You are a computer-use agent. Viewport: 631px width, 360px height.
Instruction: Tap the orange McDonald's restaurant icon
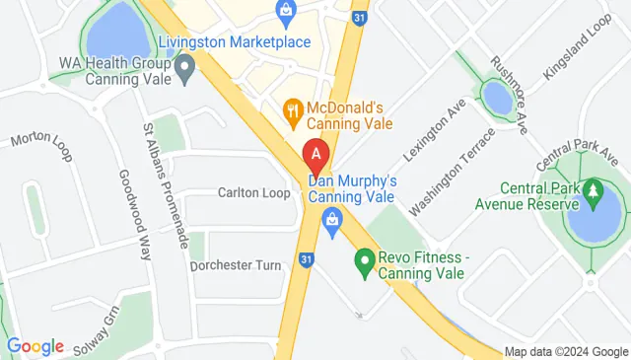(x=292, y=110)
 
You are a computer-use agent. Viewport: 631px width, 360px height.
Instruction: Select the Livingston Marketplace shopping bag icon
(x=286, y=13)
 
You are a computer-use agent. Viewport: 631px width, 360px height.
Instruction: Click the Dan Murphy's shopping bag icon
(x=332, y=217)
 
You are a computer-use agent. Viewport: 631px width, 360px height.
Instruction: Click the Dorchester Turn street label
(x=236, y=264)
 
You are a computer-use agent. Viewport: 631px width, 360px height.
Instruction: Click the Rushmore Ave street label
(x=525, y=88)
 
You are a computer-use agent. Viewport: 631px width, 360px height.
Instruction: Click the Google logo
(x=35, y=346)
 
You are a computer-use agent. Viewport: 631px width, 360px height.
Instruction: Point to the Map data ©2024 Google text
(x=565, y=352)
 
